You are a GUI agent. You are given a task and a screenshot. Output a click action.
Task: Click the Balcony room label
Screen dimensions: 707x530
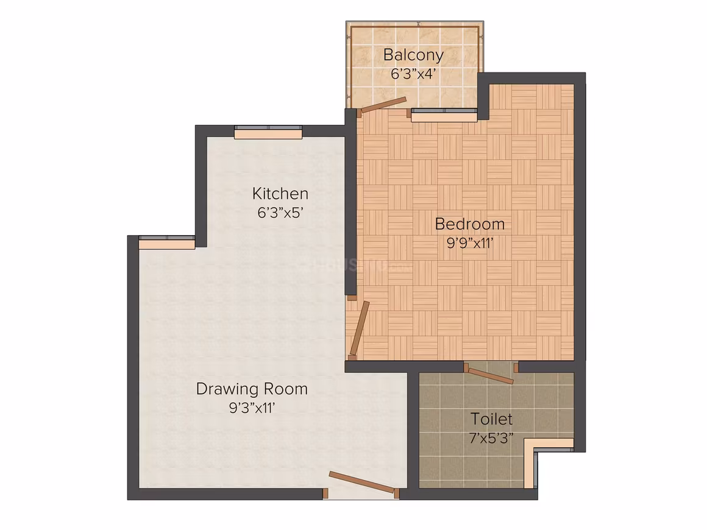coord(413,55)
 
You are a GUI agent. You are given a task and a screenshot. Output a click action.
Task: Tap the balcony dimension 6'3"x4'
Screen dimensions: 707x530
coord(413,74)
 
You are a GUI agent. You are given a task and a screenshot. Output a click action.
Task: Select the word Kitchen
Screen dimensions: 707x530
coord(280,193)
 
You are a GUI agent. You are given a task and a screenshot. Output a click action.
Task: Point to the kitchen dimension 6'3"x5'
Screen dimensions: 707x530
coord(280,212)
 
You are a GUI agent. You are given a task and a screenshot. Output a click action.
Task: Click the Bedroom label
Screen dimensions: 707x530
coord(469,224)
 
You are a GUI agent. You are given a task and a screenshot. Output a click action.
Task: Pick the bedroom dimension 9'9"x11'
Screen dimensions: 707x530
coord(470,243)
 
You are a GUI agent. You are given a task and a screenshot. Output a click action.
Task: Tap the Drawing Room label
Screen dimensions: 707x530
coord(252,389)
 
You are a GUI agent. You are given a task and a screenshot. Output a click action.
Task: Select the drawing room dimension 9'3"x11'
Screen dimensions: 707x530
coord(252,408)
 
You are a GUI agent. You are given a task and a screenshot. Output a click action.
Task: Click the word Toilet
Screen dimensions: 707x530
coord(491,419)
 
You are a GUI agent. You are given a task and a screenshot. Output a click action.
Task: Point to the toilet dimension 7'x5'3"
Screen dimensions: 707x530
coord(491,438)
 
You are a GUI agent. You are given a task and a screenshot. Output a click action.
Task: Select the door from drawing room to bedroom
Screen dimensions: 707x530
coord(360,328)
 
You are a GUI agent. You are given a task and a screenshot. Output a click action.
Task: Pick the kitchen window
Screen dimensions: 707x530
coord(268,132)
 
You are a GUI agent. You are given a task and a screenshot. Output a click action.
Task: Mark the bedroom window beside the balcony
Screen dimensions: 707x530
coord(444,115)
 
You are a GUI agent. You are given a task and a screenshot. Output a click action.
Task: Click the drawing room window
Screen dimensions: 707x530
coord(167,242)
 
